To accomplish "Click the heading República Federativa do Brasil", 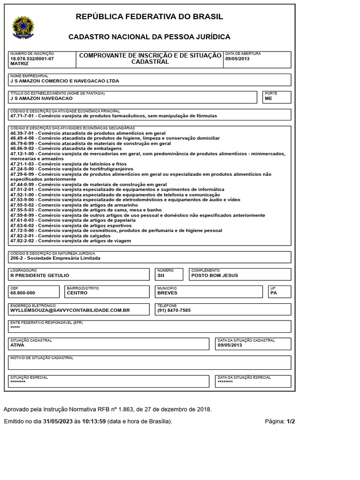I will (x=150, y=17).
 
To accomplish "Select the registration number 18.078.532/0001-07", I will (x=32, y=59).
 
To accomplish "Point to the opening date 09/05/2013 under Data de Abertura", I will (x=238, y=59).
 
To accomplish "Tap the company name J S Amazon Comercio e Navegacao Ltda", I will (x=65, y=81).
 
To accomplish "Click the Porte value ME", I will (x=268, y=98).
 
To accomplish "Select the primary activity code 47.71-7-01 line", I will (x=113, y=116).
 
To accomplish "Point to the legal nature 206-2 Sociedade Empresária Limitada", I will (x=55, y=258).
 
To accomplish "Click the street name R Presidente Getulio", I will (x=40, y=276).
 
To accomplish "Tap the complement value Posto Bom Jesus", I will (x=215, y=276).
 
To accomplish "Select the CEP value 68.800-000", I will (x=22, y=293).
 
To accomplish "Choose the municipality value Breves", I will (x=167, y=293).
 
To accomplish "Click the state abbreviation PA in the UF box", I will (x=274, y=293).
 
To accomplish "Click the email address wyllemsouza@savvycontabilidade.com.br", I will (x=70, y=310).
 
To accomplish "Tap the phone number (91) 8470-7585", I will (x=174, y=310).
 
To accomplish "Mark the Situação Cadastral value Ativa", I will (x=17, y=345).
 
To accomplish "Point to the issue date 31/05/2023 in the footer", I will (x=58, y=421).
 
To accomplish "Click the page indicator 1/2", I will (x=291, y=421).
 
